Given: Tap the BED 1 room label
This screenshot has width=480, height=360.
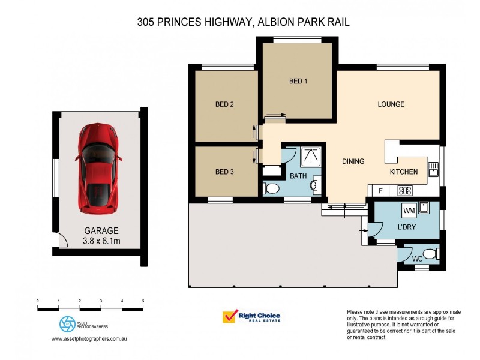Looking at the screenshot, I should (x=298, y=81).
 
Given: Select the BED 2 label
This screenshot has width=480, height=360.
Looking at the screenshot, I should (x=224, y=104).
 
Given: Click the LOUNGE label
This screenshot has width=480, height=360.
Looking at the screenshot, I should (x=391, y=104).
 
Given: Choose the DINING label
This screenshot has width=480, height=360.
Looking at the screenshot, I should (x=353, y=161).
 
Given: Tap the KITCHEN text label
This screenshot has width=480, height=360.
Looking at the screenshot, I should (x=403, y=172).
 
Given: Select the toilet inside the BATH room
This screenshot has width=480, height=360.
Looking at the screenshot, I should (x=271, y=189).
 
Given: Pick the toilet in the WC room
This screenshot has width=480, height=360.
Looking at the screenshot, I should (x=429, y=253).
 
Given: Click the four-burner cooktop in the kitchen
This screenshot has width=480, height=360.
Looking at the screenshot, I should (x=406, y=191).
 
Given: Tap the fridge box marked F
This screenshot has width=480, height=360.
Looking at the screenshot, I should (x=379, y=191).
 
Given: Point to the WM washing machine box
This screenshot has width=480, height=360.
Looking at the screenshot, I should (x=409, y=211).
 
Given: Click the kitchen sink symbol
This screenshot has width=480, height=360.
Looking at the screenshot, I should (x=434, y=169).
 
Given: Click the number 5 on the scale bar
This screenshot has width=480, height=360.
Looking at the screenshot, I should (x=143, y=301).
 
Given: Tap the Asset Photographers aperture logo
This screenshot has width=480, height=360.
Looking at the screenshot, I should (x=67, y=324).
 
